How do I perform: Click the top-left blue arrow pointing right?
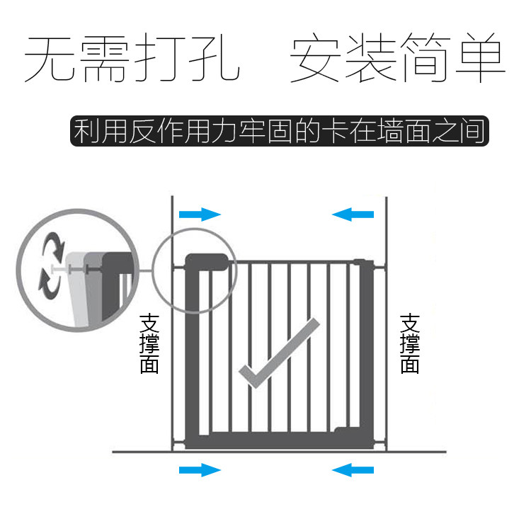click(200, 215)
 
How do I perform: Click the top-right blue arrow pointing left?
click(352, 215)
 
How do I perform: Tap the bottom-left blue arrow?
click(200, 469)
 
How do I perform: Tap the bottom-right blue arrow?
click(352, 469)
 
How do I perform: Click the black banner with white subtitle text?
click(280, 132)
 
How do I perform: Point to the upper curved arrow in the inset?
click(52, 248)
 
